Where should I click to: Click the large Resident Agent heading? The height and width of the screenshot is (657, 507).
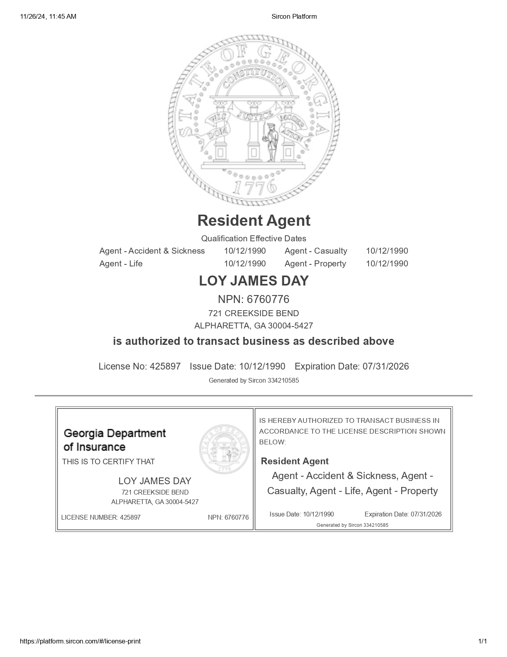[x=254, y=221]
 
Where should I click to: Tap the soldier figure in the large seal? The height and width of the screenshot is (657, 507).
[x=271, y=142]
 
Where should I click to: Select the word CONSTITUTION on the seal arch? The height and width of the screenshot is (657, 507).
[x=254, y=79]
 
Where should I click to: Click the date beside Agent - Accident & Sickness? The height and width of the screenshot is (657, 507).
[x=245, y=251]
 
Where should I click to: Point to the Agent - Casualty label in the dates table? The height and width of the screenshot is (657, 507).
[x=316, y=251]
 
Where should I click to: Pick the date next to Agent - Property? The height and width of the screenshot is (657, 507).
[x=387, y=264]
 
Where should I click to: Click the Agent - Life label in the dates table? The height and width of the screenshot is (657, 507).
[x=121, y=264]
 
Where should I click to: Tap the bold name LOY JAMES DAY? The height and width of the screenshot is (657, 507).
[x=254, y=281]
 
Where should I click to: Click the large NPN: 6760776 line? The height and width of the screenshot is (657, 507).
[x=254, y=299]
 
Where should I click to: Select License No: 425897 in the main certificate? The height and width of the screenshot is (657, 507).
[x=140, y=366]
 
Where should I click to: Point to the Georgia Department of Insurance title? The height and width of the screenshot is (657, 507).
[x=115, y=440]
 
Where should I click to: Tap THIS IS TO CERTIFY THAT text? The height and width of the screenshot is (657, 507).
[x=108, y=461]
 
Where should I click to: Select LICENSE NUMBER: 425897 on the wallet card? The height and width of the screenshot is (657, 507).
[x=101, y=517]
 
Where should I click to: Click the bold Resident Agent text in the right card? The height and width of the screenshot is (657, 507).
[x=295, y=461]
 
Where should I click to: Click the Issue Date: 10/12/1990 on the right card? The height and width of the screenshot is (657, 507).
[x=302, y=514]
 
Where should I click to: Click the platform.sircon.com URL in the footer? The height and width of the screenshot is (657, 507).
[x=80, y=641]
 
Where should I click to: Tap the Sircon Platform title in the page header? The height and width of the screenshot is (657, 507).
[x=294, y=16]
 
